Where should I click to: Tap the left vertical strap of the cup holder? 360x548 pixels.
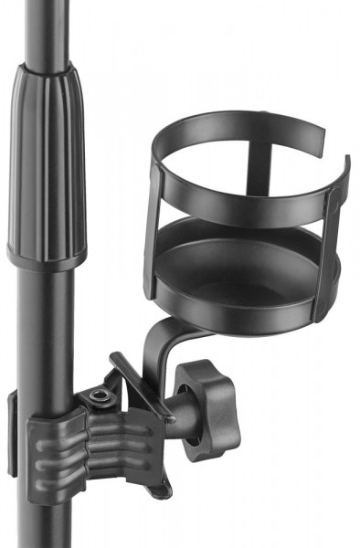click(x=153, y=233)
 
